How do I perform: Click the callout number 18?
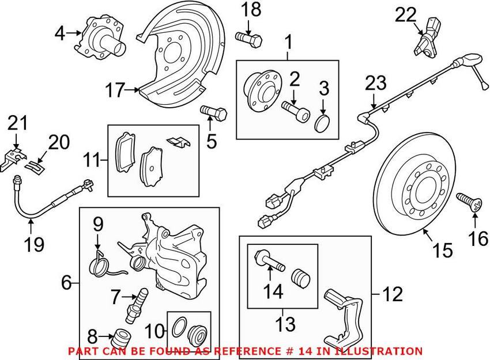[x=250, y=10]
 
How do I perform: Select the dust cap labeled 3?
[x=324, y=123]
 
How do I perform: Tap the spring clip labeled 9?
[x=100, y=262]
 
